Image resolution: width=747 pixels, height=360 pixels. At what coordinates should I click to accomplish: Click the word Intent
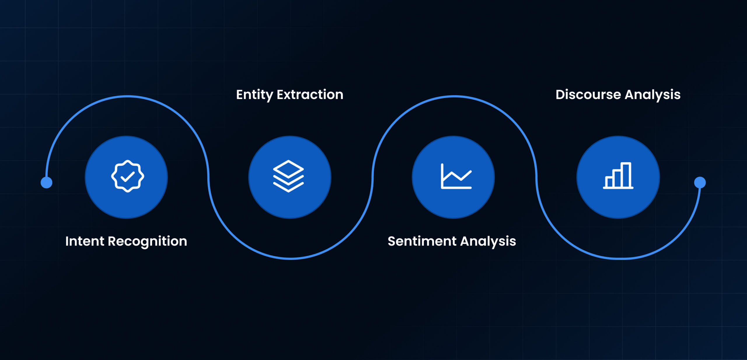85,241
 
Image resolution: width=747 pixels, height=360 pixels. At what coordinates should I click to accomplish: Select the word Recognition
148,242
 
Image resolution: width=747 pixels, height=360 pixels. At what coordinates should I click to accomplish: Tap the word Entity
254,95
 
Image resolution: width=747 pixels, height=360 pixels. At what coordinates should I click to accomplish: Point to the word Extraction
310,95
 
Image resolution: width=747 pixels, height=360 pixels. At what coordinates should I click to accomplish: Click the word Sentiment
422,241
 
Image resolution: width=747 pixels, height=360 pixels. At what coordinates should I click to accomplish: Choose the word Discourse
588,95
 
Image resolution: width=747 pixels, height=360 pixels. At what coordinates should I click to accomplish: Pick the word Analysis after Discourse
653,95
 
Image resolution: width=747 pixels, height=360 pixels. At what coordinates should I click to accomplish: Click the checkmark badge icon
128,176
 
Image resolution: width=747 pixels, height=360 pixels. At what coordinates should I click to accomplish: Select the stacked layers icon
288,176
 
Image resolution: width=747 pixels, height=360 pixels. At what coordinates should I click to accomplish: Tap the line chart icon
456,176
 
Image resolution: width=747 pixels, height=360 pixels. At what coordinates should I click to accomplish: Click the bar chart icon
618,175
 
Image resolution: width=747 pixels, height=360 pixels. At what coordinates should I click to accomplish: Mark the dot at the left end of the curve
46,182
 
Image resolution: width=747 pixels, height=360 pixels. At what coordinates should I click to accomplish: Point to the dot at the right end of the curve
700,182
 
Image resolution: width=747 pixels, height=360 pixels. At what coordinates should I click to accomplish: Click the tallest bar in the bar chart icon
626,175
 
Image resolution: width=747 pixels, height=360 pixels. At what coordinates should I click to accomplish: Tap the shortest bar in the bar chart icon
609,182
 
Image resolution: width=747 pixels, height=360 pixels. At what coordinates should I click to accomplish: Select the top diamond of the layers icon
288,169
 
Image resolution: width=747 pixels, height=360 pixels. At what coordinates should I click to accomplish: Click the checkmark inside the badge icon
128,176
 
